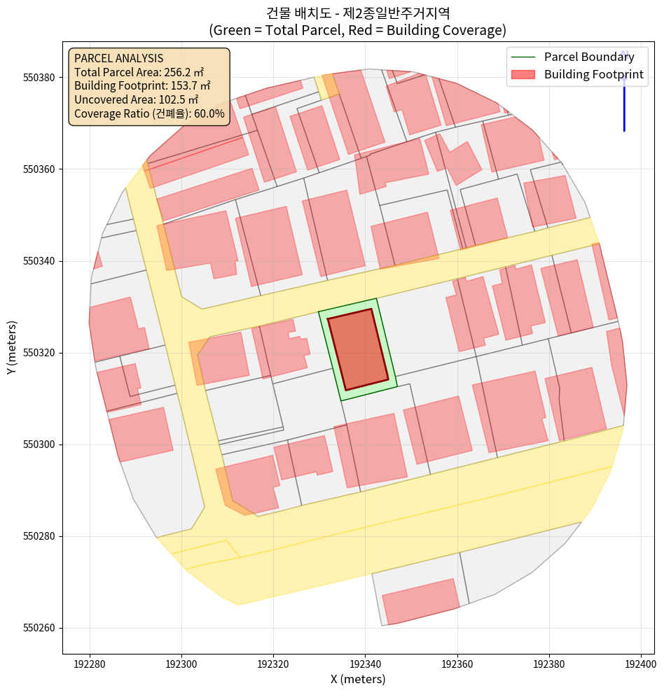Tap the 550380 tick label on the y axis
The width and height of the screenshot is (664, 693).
[x=41, y=77]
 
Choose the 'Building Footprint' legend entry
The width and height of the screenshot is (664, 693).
[x=593, y=74]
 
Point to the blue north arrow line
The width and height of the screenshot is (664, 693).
[x=624, y=105]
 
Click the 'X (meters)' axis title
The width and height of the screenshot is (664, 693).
[x=358, y=679]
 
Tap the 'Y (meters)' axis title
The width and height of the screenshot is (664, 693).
[x=11, y=347]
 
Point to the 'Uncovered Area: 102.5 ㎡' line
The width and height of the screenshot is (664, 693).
[x=137, y=99]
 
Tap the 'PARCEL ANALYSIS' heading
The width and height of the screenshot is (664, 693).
[x=118, y=58]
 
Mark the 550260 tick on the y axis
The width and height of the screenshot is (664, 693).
[x=41, y=628]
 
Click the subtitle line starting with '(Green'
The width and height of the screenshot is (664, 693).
[x=358, y=31]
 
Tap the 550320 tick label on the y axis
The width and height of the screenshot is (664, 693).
[x=41, y=353]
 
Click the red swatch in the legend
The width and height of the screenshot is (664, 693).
[x=524, y=74]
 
